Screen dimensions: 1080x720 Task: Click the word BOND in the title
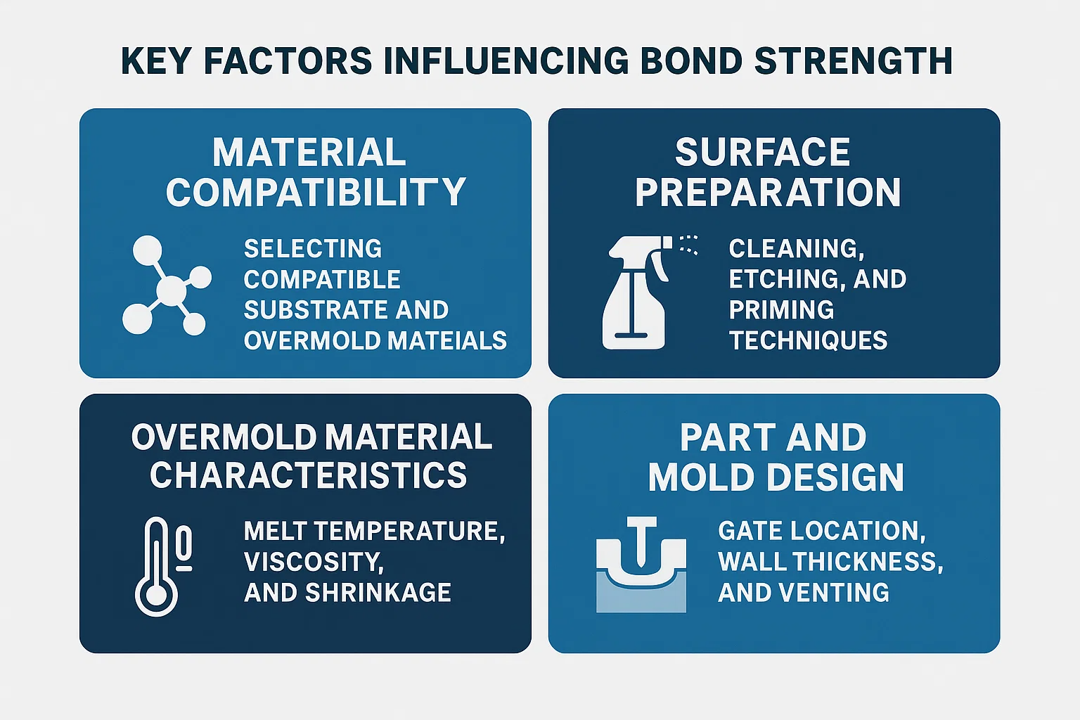pyautogui.click(x=691, y=60)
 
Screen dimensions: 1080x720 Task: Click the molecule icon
pyautogui.click(x=167, y=285)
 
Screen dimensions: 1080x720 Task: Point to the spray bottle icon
pyautogui.click(x=636, y=292)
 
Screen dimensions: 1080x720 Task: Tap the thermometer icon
pyautogui.click(x=163, y=567)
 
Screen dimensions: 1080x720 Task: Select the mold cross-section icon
pyautogui.click(x=641, y=565)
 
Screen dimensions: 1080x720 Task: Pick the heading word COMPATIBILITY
pyautogui.click(x=316, y=193)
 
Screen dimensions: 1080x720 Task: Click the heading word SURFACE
pyautogui.click(x=763, y=152)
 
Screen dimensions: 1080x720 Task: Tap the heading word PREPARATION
pyautogui.click(x=768, y=193)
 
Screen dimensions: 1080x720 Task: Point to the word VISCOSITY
pyautogui.click(x=314, y=562)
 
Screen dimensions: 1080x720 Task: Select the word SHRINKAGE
pyautogui.click(x=378, y=593)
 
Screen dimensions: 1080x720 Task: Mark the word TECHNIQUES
pyautogui.click(x=808, y=340)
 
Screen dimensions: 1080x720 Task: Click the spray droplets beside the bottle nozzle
pyautogui.click(x=688, y=245)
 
